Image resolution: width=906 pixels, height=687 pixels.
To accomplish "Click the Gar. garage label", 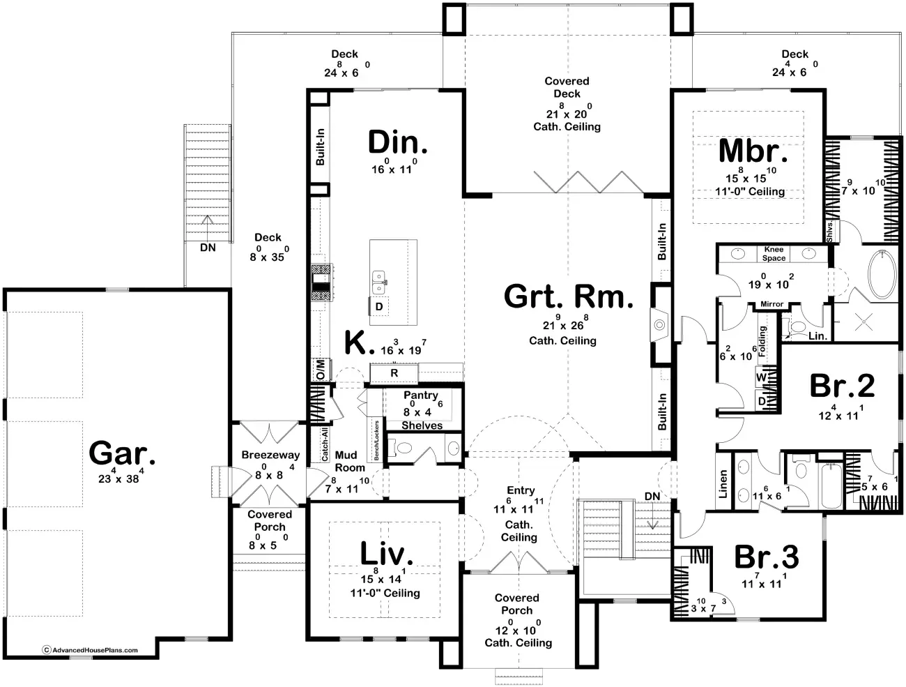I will [x=122, y=455].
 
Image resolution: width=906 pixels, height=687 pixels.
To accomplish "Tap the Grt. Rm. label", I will [x=568, y=297].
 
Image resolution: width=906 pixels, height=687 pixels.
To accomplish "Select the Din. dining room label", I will [x=397, y=143].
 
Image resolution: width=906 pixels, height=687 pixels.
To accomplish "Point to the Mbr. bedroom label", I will [x=753, y=151].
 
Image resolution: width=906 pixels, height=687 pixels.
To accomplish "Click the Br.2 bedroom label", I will [x=842, y=386].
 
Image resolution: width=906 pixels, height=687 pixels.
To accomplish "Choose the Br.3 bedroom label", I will [x=767, y=557].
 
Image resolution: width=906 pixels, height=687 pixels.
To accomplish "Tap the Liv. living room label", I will [x=387, y=554].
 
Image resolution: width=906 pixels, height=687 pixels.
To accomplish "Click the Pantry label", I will [x=421, y=395].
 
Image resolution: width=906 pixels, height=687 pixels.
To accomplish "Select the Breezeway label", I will [x=270, y=455].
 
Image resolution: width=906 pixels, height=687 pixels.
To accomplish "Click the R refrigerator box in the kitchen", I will [x=394, y=373].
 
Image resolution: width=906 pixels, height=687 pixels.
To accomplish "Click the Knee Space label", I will [x=774, y=253].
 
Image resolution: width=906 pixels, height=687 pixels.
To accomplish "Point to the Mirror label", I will [x=771, y=304].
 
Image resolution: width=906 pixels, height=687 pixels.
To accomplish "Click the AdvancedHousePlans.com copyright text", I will [x=91, y=650].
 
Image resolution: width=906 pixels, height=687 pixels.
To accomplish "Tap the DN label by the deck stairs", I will [x=208, y=248].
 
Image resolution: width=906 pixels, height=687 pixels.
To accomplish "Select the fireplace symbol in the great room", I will [x=659, y=324].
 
